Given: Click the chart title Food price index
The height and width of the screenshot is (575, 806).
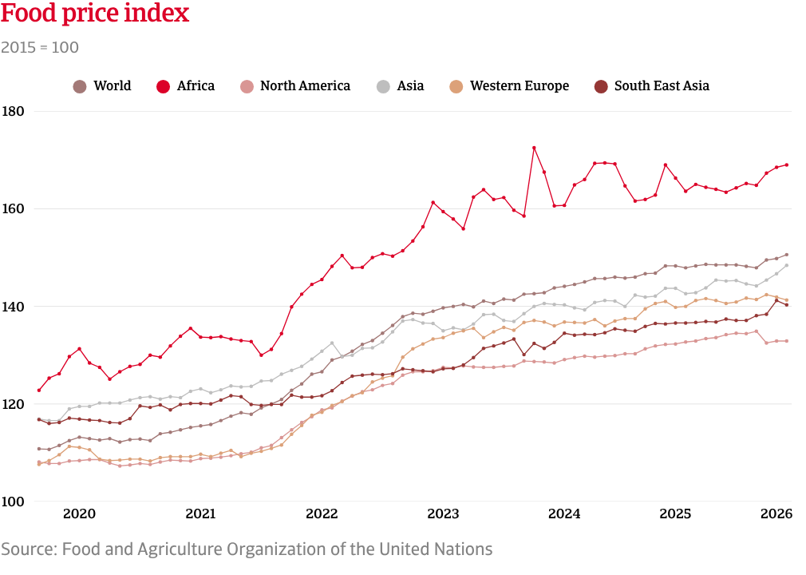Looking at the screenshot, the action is [95, 13].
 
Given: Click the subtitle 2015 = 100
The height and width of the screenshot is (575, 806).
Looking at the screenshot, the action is [40, 47].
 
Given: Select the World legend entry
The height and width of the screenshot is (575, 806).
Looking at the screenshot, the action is [102, 86].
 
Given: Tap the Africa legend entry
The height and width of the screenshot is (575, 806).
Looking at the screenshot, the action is [186, 86].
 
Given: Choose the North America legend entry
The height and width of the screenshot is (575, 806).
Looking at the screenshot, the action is [295, 86].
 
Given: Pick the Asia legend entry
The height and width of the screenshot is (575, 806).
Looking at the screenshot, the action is [401, 86].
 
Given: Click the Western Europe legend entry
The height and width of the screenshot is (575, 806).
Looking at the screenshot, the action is [509, 86].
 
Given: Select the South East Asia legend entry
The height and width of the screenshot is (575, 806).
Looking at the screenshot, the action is [652, 86].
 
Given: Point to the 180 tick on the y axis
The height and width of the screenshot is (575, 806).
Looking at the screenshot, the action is [13, 111].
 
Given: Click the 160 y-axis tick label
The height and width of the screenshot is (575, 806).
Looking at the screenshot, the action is [13, 208].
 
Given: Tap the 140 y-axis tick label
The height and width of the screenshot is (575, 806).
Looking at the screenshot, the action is [13, 307].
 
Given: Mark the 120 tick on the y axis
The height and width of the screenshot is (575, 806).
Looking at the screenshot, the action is [13, 404].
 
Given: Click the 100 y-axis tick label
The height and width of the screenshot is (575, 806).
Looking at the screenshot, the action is [13, 502].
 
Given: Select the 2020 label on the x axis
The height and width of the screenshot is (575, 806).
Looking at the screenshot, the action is [79, 514].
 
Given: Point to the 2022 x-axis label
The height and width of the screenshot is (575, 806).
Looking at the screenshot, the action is [322, 514].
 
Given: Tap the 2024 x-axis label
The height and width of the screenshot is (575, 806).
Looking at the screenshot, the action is [564, 514].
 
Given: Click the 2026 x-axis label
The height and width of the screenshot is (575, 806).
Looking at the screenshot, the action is [776, 514].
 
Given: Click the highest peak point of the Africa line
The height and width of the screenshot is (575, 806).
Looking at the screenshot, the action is [534, 148].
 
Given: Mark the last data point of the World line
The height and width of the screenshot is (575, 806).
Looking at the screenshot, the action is [787, 255].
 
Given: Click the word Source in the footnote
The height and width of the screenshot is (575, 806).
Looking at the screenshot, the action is [30, 549].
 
